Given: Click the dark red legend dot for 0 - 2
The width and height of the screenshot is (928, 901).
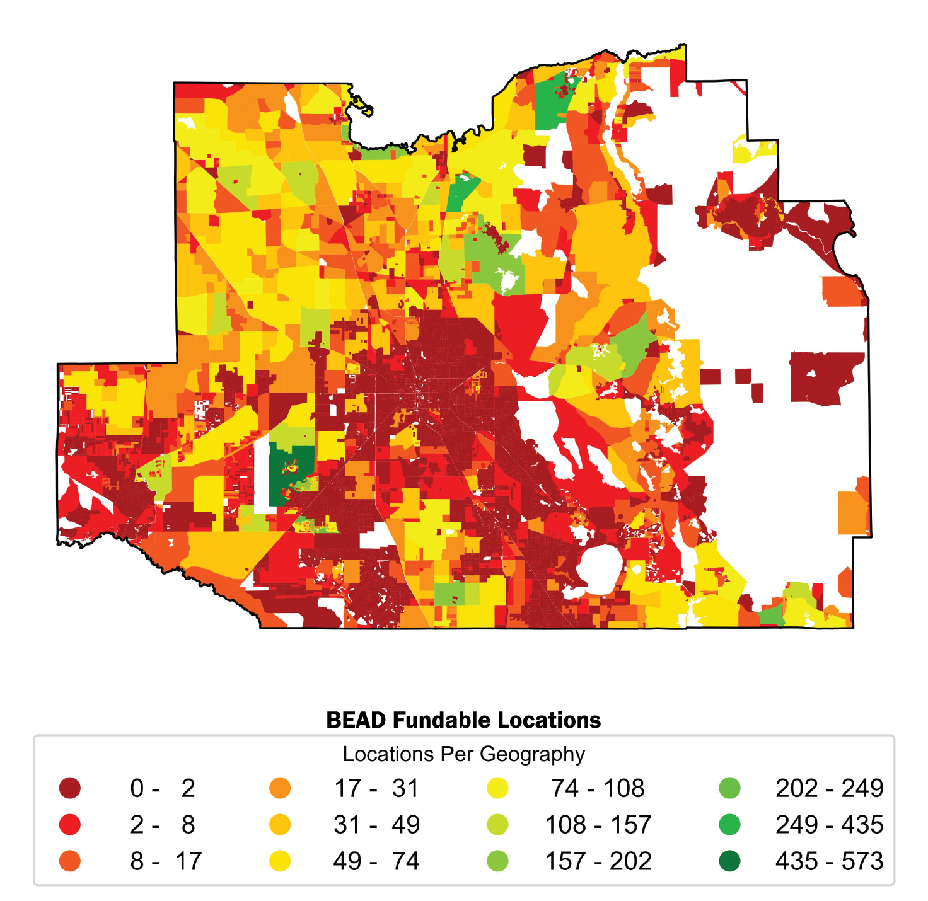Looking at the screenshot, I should pyautogui.click(x=70, y=788).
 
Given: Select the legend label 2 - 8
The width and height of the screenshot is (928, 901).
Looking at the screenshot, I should pyautogui.click(x=163, y=824).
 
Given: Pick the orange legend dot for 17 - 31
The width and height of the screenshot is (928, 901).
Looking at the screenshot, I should pyautogui.click(x=280, y=788).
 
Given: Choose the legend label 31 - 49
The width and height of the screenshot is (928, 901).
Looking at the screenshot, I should pyautogui.click(x=376, y=824).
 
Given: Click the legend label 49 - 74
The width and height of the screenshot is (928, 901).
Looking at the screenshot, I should pyautogui.click(x=376, y=861).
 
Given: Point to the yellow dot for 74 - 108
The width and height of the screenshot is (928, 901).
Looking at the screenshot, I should pyautogui.click(x=498, y=788).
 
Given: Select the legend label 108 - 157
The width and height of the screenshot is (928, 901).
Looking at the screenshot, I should pyautogui.click(x=598, y=824).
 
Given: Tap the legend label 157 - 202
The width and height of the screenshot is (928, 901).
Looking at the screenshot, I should pyautogui.click(x=598, y=861).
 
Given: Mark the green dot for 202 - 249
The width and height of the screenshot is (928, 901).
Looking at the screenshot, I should pyautogui.click(x=729, y=788).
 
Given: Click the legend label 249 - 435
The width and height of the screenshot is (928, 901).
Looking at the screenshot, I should pyautogui.click(x=829, y=824).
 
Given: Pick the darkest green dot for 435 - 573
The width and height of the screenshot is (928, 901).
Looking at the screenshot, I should pyautogui.click(x=729, y=861).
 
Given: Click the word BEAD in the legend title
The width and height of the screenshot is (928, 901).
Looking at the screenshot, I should pyautogui.click(x=356, y=720).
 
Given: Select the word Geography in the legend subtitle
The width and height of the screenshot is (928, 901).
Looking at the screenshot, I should pyautogui.click(x=532, y=754).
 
